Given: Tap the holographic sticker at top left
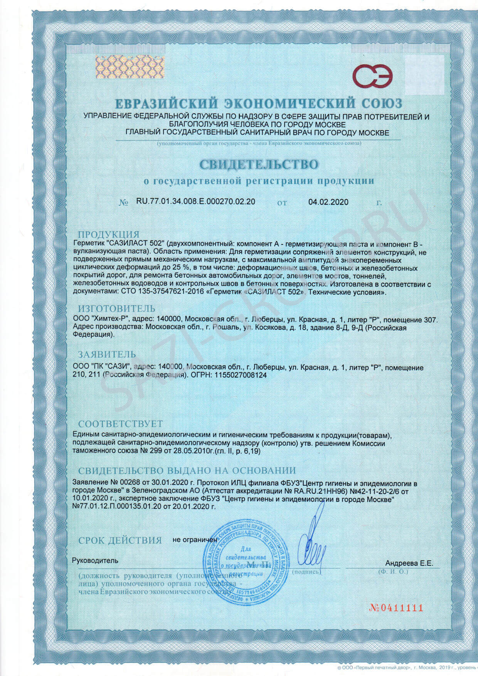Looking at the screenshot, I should tap(123, 69).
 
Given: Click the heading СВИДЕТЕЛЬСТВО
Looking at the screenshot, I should tap(259, 164).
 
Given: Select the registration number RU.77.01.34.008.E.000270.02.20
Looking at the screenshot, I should tap(195, 201).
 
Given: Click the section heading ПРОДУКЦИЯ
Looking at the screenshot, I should tap(108, 235).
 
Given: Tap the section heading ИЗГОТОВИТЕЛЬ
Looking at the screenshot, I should tap(117, 309).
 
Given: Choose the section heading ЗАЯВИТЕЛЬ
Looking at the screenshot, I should tap(107, 354).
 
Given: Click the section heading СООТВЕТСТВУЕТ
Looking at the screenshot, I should tap(120, 424).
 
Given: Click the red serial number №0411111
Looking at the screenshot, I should tap(396, 608).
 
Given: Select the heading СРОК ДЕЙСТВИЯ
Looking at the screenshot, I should tap(119, 540).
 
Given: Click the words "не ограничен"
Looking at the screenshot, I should tap(195, 540).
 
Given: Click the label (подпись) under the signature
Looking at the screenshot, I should tap(307, 572).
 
